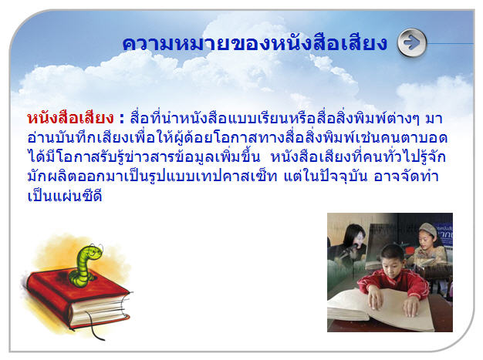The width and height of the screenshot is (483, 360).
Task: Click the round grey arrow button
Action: pos(412,42)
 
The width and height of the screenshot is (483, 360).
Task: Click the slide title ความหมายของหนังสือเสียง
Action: pos(255,43)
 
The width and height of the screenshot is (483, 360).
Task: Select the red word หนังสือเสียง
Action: pos(70,118)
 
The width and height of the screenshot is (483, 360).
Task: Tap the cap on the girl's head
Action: pos(428,229)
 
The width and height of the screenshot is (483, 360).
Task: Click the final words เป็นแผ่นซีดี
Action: pos(65,196)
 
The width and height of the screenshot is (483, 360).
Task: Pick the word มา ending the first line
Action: pos(434,119)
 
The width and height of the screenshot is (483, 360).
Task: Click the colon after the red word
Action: pos(122,119)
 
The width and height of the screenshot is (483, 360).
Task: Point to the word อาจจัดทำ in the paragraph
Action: pos(406,177)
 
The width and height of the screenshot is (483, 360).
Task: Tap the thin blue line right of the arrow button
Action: pos(451,43)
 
